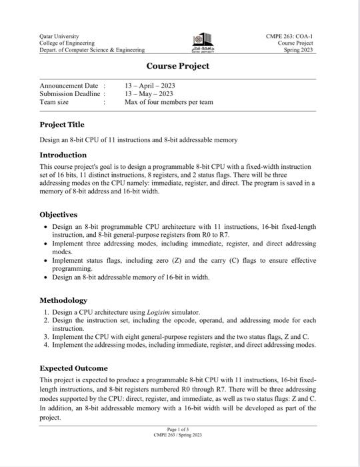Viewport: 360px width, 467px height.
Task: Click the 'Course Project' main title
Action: point(178,66)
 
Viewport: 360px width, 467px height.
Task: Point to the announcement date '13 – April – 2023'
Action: point(149,86)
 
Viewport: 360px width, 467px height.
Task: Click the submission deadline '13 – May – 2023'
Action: point(148,94)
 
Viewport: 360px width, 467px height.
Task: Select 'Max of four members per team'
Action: point(169,102)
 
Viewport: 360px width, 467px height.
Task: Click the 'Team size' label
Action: point(54,102)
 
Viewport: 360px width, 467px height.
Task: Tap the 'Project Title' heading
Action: point(62,125)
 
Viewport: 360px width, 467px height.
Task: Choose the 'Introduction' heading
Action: point(63,155)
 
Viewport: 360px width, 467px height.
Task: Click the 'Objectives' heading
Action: point(59,215)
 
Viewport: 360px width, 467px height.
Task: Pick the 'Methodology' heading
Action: point(63,300)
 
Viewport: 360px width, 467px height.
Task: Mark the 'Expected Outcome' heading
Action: point(73,368)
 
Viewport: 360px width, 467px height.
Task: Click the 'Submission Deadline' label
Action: point(70,94)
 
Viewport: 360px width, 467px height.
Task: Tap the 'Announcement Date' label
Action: point(69,86)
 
